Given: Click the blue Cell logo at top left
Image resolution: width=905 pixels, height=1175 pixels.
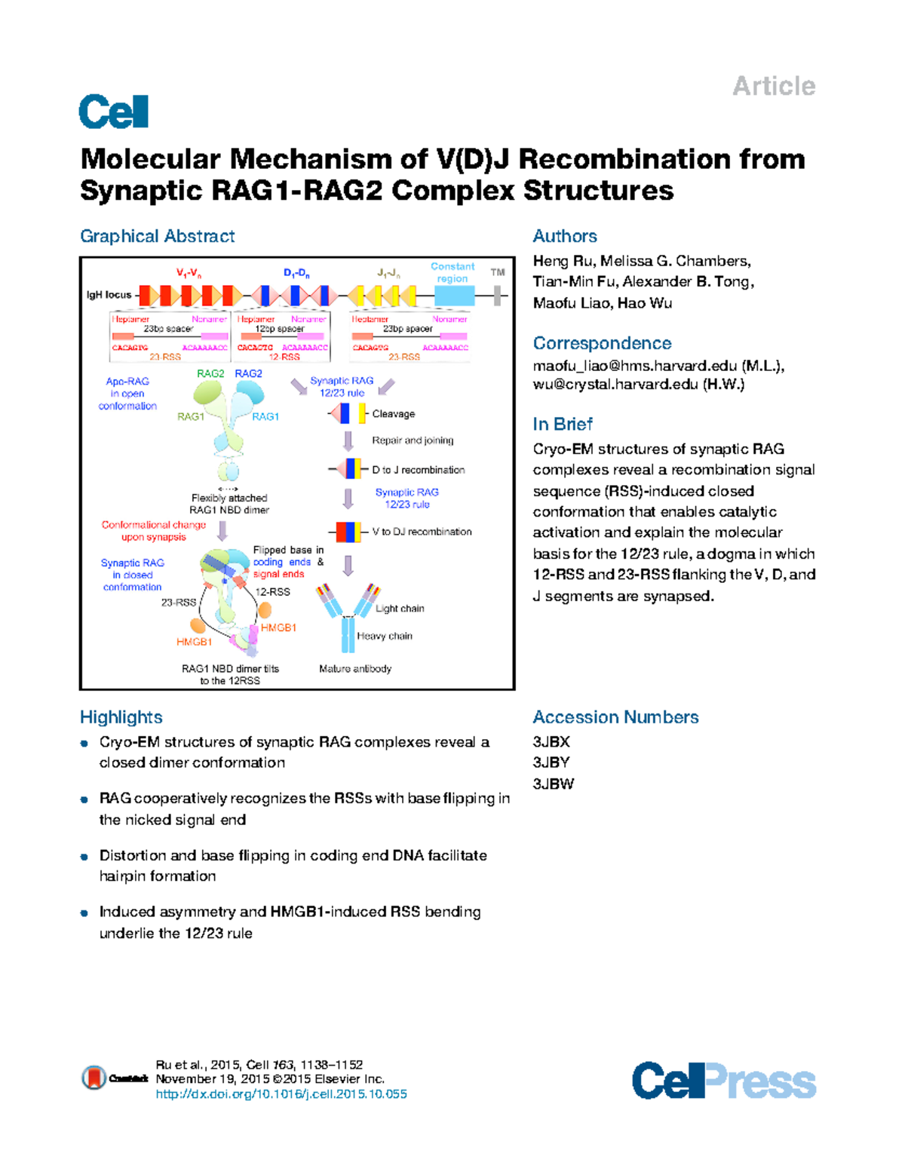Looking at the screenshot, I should [x=113, y=112].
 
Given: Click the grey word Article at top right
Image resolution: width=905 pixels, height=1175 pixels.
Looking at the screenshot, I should [x=774, y=86].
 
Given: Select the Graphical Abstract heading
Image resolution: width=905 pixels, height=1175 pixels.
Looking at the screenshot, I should [x=157, y=236].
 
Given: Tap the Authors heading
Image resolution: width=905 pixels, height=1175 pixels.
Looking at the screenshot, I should [x=564, y=236].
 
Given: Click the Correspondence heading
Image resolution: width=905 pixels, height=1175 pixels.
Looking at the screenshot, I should [x=602, y=343].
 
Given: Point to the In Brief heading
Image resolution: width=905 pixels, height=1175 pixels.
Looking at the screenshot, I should [x=563, y=424].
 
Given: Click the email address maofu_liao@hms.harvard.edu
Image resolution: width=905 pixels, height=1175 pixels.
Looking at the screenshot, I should [x=634, y=366].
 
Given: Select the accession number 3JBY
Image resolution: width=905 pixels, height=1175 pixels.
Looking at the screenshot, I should [x=551, y=762].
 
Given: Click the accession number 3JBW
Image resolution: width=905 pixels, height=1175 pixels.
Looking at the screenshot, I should [x=553, y=784].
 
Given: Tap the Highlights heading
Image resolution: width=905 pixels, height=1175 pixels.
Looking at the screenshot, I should [x=121, y=717].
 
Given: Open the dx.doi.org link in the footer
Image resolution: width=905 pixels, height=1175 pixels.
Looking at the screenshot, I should [x=281, y=1094].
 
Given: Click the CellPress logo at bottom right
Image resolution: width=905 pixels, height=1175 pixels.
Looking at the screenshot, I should [x=723, y=1081].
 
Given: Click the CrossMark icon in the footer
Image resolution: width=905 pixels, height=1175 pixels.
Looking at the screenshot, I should [x=94, y=1078].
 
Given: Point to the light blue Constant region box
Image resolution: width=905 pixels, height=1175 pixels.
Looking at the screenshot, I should [x=454, y=295].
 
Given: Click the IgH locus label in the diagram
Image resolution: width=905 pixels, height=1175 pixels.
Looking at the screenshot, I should [x=109, y=295].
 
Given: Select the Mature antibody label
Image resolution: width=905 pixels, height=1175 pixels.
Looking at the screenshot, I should [x=354, y=669].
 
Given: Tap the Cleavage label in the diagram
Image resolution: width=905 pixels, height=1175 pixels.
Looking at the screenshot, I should [x=393, y=414].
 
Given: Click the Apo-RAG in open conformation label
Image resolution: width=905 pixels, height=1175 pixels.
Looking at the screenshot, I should [x=127, y=394].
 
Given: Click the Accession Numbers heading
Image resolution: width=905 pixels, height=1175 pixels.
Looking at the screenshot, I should [x=615, y=717].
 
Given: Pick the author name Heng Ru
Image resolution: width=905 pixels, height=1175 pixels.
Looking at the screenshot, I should [x=562, y=261].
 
